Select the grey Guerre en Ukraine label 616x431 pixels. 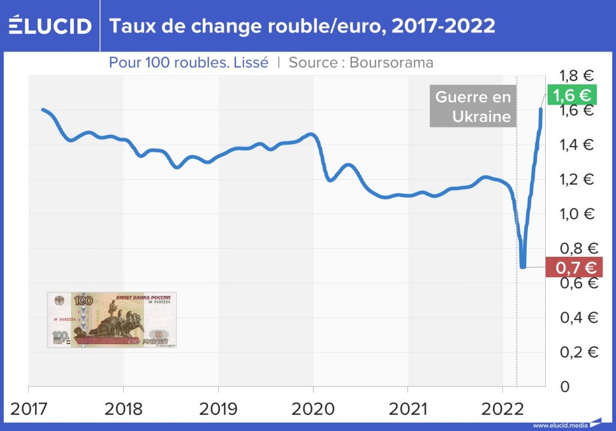(x=473, y=107)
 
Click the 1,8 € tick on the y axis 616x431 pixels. (x=575, y=76)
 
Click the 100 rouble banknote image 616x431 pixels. (x=111, y=320)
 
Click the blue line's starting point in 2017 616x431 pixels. (x=43, y=110)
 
